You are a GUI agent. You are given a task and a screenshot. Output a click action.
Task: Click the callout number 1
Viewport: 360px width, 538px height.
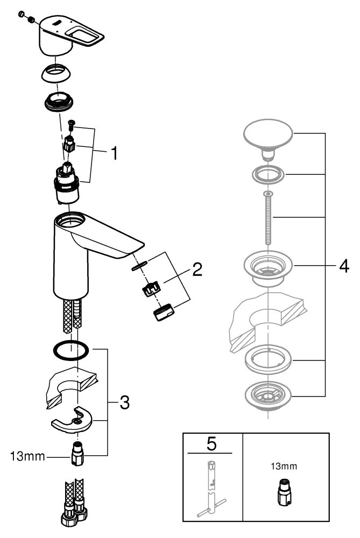pyautogui.click(x=114, y=153)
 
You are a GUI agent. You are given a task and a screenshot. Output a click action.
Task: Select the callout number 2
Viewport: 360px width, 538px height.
pyautogui.click(x=197, y=270)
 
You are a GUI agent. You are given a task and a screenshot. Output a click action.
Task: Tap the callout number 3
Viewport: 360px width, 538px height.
pyautogui.click(x=124, y=402)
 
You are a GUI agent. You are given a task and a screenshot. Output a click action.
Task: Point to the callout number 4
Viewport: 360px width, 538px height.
pyautogui.click(x=344, y=266)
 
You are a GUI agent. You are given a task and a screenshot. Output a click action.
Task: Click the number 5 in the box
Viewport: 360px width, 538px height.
pyautogui.click(x=211, y=444)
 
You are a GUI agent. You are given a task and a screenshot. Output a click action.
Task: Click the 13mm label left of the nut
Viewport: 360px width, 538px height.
pyautogui.click(x=27, y=456)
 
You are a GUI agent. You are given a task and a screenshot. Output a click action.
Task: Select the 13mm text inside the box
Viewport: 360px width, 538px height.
pyautogui.click(x=284, y=466)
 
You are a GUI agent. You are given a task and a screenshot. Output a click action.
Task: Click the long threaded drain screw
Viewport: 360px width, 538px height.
pyautogui.click(x=268, y=218)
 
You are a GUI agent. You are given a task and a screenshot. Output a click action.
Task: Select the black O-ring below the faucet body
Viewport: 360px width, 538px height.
pyautogui.click(x=70, y=351)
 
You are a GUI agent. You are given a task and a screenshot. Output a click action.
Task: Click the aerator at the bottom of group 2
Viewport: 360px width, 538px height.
pyautogui.click(x=164, y=312)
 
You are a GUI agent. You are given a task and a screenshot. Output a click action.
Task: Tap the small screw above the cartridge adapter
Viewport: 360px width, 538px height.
pyautogui.click(x=72, y=124)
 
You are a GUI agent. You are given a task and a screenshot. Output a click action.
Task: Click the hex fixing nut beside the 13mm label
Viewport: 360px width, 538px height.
pyautogui.click(x=77, y=453)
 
